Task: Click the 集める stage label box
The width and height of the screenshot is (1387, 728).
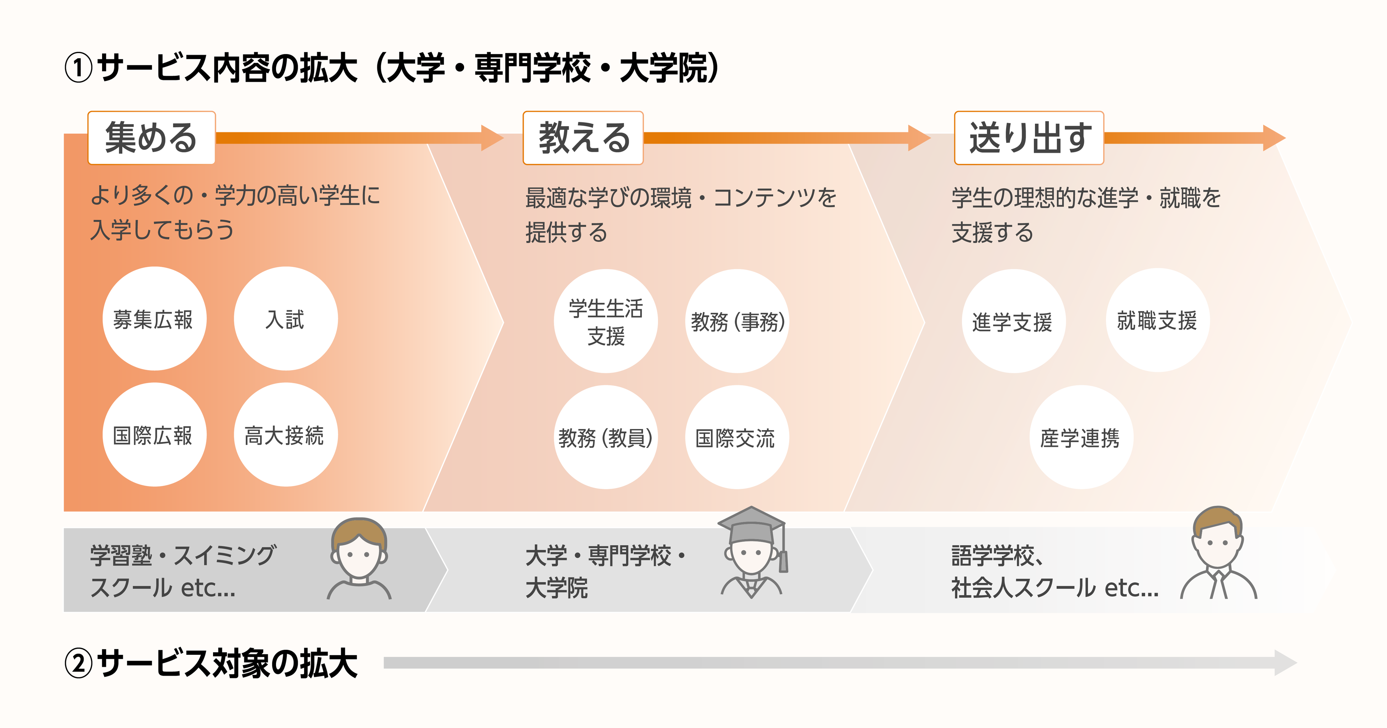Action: pyautogui.click(x=151, y=138)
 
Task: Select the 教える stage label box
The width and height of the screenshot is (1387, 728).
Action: pyautogui.click(x=583, y=138)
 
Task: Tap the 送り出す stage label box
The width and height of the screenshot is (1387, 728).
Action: pyautogui.click(x=1029, y=138)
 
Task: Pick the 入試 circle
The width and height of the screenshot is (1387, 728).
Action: pyautogui.click(x=285, y=319)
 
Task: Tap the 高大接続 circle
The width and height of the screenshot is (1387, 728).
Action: pyautogui.click(x=285, y=435)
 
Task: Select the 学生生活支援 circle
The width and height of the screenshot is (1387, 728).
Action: pyautogui.click(x=606, y=321)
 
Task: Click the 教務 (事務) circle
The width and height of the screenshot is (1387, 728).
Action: pyautogui.click(x=737, y=321)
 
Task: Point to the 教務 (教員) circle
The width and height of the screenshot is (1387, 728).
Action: pyautogui.click(x=606, y=437)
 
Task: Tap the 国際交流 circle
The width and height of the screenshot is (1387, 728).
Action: pyautogui.click(x=737, y=437)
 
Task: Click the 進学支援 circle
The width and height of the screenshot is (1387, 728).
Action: pyautogui.click(x=1013, y=321)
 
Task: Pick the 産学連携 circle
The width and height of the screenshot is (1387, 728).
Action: pyautogui.click(x=1081, y=437)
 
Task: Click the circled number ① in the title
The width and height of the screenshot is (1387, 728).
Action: pyautogui.click(x=79, y=69)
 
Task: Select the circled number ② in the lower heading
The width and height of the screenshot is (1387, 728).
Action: pyautogui.click(x=79, y=663)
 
